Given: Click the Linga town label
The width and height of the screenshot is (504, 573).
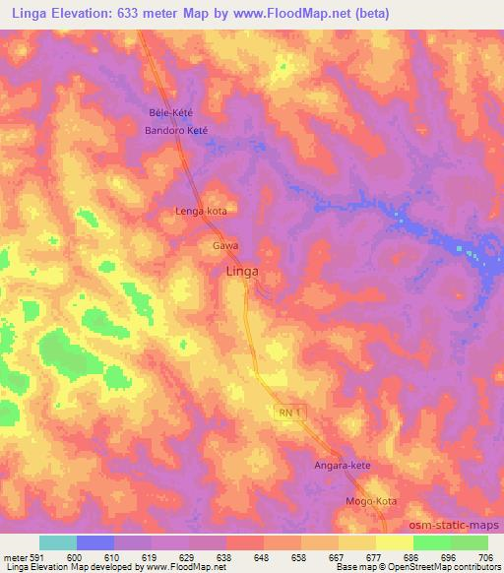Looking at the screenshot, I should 243,271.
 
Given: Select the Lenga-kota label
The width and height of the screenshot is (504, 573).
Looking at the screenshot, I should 202,211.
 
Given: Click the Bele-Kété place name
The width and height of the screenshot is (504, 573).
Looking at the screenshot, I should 170,112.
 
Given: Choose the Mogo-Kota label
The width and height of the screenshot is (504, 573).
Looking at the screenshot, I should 371,501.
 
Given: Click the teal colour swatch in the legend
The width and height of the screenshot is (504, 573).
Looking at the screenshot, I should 58,542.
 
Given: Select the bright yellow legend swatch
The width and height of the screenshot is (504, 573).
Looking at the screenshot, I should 395,542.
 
